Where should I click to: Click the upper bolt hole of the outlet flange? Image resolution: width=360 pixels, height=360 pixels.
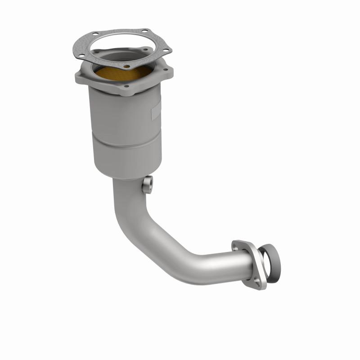[238, 247]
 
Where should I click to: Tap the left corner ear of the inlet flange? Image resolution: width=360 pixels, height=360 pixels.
[81, 73]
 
